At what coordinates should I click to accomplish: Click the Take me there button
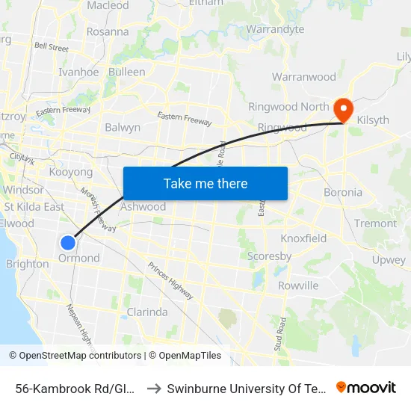tap(205, 183)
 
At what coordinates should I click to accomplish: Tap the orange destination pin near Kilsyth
tap(344, 109)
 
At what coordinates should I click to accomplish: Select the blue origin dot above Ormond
tap(68, 242)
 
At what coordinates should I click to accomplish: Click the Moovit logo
tap(366, 388)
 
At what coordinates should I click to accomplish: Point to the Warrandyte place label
tap(276, 29)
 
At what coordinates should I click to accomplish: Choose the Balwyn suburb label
tap(123, 128)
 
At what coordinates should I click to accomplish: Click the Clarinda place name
tap(147, 312)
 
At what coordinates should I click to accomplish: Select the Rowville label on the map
tap(298, 285)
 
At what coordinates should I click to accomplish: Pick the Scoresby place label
tap(270, 256)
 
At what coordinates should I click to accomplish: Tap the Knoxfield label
tap(303, 238)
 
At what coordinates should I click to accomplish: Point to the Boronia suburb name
tap(343, 192)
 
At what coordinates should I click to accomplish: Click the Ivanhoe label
tap(78, 72)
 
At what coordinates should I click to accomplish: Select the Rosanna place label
tap(108, 32)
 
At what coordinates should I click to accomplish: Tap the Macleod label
tap(108, 5)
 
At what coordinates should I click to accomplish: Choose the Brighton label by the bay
tap(27, 264)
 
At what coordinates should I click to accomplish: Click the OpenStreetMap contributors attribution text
tap(76, 356)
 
